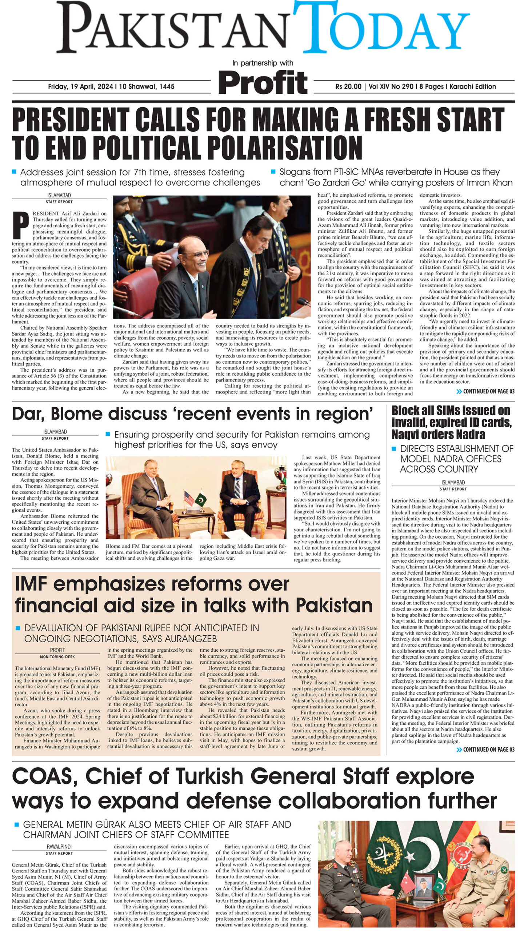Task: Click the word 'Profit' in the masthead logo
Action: coord(263,83)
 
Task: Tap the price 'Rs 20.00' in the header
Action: coord(348,87)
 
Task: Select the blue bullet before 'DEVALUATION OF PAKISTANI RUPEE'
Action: coord(17,628)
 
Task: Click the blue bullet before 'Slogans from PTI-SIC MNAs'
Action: coord(273,171)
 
